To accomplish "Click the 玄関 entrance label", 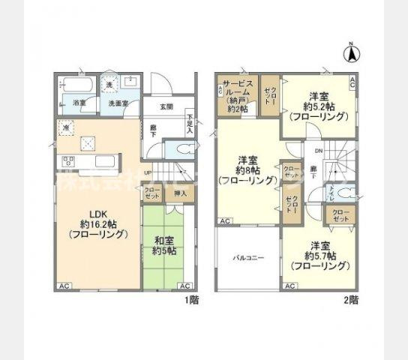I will [x=169, y=107].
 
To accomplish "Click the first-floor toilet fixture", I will [x=174, y=148].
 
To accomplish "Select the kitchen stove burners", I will [x=67, y=161].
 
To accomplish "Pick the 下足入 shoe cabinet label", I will [x=190, y=122].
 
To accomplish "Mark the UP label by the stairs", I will [x=148, y=172].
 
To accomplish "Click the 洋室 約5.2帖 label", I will [x=319, y=106].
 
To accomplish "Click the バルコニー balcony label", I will [x=248, y=256].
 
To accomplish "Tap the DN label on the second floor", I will [x=319, y=151].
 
